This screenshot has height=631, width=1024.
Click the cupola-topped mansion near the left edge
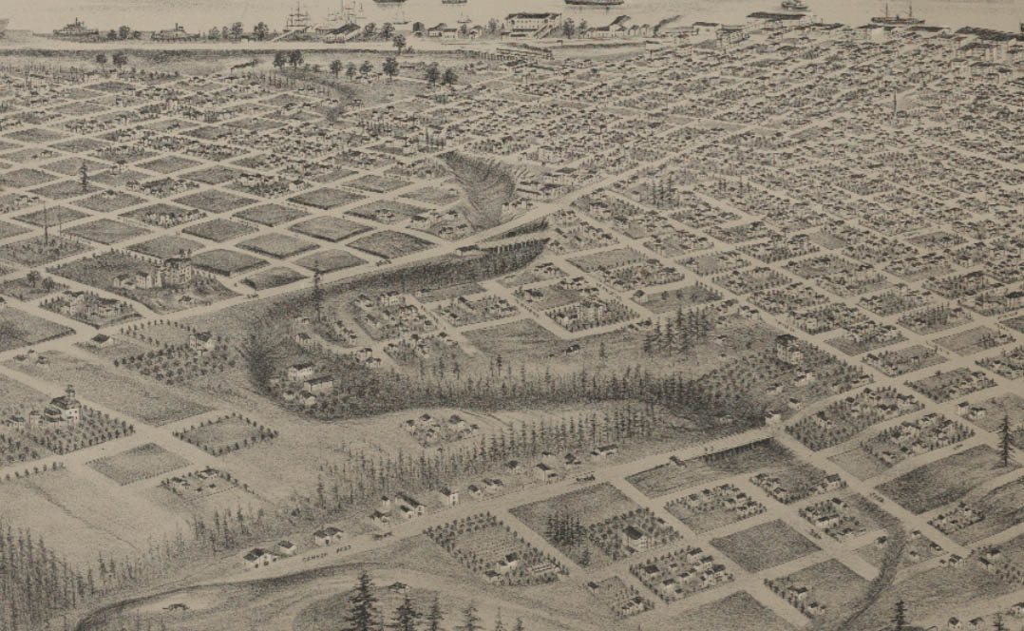[63, 407]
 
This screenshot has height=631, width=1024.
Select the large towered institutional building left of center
[161, 273]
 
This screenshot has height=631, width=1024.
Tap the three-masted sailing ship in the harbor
[298, 16]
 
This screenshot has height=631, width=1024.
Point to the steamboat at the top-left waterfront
[75, 29]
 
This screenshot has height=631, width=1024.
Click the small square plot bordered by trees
[226, 433]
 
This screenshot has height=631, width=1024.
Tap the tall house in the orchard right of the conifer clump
[787, 349]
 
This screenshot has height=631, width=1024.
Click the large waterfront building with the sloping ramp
[532, 23]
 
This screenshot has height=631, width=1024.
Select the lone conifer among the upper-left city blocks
[84, 176]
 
